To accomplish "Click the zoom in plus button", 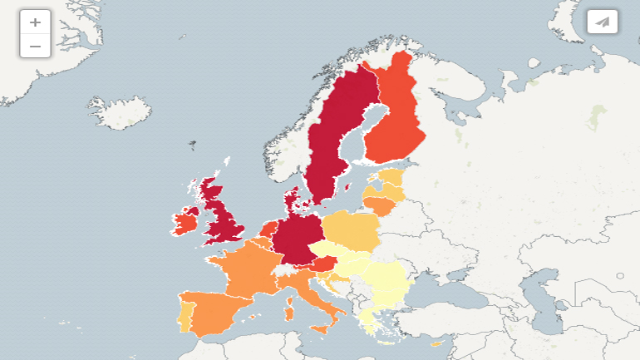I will pyautogui.click(x=35, y=22).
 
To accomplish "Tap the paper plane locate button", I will pyautogui.click(x=603, y=22).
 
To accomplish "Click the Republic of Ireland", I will pyautogui.click(x=185, y=223).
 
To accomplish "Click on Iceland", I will pyautogui.click(x=121, y=112).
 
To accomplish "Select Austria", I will pyautogui.click(x=324, y=264).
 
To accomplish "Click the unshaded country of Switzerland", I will pyautogui.click(x=285, y=270).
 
